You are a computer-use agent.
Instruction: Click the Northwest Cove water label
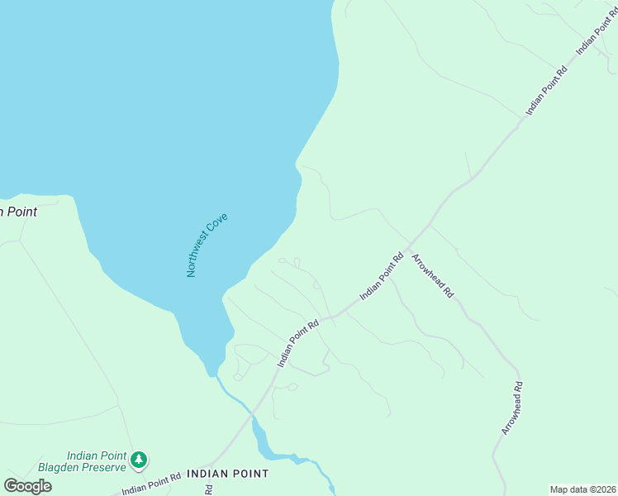point(207,246)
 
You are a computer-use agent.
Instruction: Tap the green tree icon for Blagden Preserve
point(140,459)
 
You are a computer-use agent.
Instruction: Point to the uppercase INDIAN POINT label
point(227,474)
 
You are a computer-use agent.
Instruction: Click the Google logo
point(28,486)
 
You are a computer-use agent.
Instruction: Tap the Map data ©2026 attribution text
point(582,489)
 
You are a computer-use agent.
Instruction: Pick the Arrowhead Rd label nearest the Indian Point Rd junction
point(433,275)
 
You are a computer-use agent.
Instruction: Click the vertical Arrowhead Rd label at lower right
point(512,408)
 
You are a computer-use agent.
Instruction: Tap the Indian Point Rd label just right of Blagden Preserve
point(151,484)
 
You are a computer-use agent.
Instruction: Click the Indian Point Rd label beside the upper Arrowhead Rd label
point(381,276)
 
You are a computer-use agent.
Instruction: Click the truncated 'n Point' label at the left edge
point(18,212)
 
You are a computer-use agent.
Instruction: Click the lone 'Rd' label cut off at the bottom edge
point(209,490)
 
